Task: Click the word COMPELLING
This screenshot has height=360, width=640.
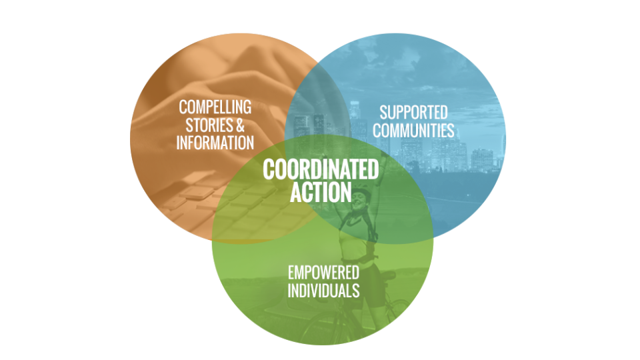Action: pyautogui.click(x=215, y=107)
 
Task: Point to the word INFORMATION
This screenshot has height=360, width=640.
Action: pyautogui.click(x=215, y=142)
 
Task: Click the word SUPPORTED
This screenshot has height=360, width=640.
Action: pyautogui.click(x=413, y=112)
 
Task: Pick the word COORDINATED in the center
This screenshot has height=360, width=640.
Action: pyautogui.click(x=321, y=169)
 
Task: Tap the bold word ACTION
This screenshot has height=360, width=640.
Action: pyautogui.click(x=321, y=192)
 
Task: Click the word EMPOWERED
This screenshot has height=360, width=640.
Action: pyautogui.click(x=323, y=273)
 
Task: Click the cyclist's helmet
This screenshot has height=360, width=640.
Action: pyautogui.click(x=361, y=193)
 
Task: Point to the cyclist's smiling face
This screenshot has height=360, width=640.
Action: pyautogui.click(x=359, y=201)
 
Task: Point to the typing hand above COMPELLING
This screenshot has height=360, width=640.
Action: pyautogui.click(x=220, y=73)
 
